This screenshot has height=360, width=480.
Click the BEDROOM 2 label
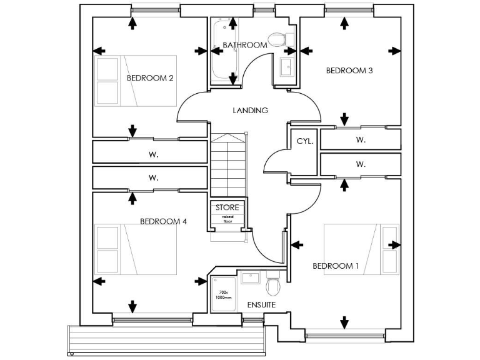[150, 78]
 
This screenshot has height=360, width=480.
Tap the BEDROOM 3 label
[349, 71]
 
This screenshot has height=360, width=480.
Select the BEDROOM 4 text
[163, 221]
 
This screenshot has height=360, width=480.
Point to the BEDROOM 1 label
[336, 266]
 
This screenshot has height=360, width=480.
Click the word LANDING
[250, 111]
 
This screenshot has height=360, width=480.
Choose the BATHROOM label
[245, 45]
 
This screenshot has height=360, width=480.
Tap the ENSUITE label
[261, 305]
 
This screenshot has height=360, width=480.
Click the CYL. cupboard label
[304, 141]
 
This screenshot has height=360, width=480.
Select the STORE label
[227, 207]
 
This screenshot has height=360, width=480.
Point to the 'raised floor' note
[227, 219]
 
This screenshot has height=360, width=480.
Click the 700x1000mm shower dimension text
[223, 295]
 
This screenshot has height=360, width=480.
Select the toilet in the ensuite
[272, 286]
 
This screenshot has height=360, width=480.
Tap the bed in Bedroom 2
[135, 80]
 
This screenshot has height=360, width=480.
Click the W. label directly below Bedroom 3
[361, 140]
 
